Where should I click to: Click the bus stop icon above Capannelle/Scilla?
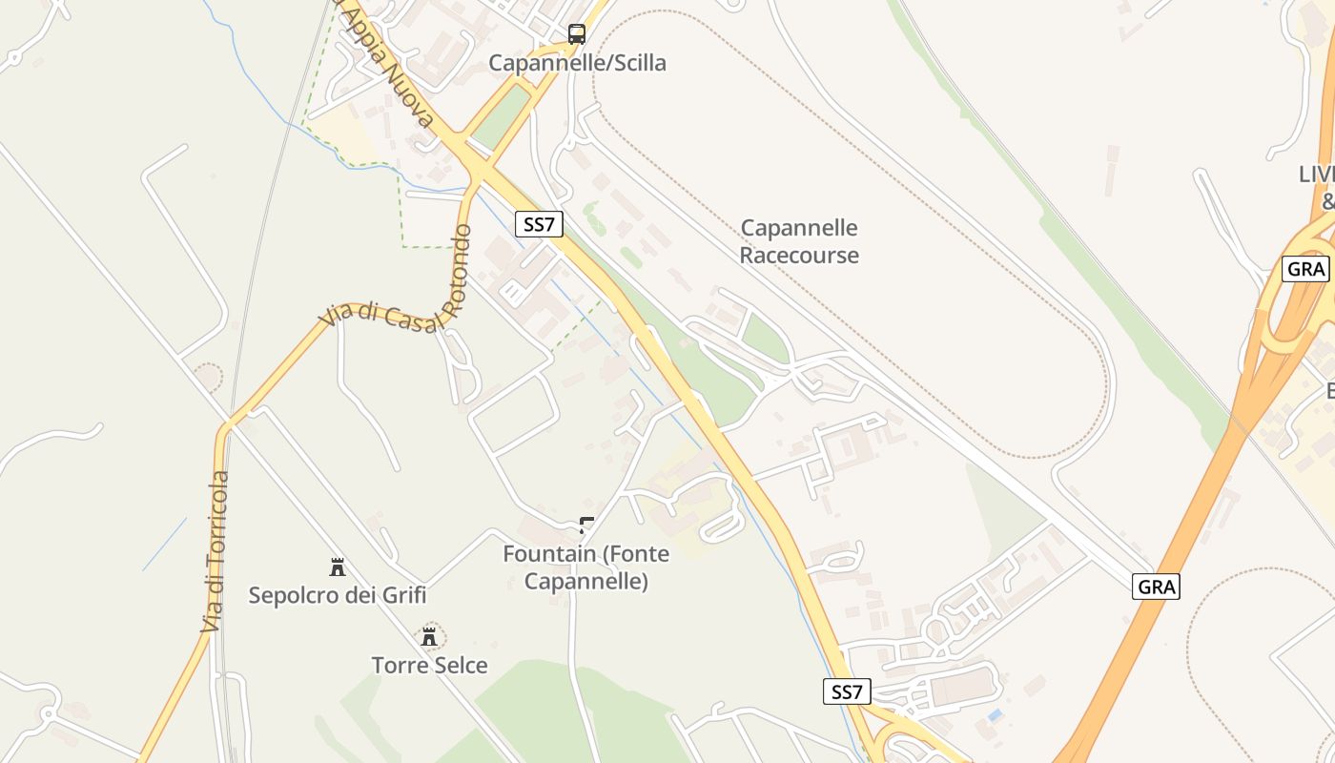tap(577, 34)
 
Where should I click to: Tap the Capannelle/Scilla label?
tap(577, 63)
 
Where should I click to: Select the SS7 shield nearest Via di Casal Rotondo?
tap(539, 224)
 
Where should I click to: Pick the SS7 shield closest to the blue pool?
tap(847, 691)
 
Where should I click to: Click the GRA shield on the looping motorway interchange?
tap(1305, 269)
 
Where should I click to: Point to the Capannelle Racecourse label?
tap(799, 241)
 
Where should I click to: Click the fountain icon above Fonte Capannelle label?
tap(586, 525)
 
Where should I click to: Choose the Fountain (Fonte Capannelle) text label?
tap(586, 567)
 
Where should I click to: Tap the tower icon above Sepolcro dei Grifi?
tap(337, 567)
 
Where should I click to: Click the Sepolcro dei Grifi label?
tap(337, 595)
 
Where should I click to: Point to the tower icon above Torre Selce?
tap(429, 636)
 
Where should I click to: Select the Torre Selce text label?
tap(429, 665)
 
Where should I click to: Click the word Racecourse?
tap(799, 256)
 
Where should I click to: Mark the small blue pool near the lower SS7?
tap(996, 714)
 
